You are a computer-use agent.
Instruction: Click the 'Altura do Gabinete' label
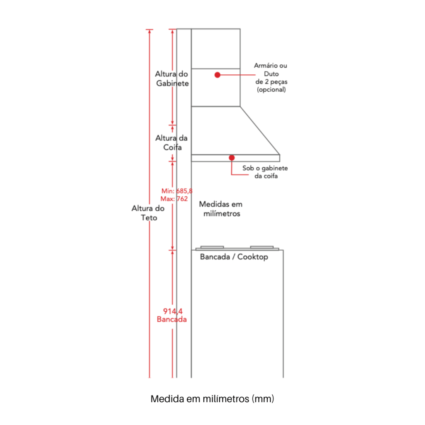(x=172, y=78)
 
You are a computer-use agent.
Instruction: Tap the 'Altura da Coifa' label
(x=171, y=143)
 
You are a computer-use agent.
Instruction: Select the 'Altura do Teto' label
(x=148, y=213)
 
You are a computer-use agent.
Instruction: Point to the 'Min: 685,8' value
(x=177, y=191)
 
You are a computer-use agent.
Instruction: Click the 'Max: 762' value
(x=174, y=199)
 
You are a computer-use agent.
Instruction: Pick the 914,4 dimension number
(x=173, y=311)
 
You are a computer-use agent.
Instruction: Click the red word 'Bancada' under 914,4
(x=172, y=319)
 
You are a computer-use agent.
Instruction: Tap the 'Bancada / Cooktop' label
(x=234, y=256)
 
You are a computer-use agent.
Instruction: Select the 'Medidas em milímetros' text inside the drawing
(x=221, y=209)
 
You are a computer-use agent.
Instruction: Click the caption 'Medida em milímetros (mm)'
(x=212, y=399)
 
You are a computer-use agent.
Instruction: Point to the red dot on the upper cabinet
(x=217, y=75)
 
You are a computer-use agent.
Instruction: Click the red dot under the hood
(x=232, y=158)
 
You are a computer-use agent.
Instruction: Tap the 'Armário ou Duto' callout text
(x=271, y=70)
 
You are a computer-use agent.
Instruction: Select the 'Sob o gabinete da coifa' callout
(x=265, y=172)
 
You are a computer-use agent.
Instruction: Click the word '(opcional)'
(x=271, y=90)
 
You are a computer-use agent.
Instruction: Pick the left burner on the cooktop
(x=212, y=247)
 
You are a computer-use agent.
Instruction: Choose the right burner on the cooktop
(x=262, y=247)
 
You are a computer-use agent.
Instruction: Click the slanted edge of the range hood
(x=260, y=131)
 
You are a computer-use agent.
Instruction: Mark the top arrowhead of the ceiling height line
(x=149, y=31)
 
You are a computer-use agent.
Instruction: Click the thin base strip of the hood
(x=236, y=158)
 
